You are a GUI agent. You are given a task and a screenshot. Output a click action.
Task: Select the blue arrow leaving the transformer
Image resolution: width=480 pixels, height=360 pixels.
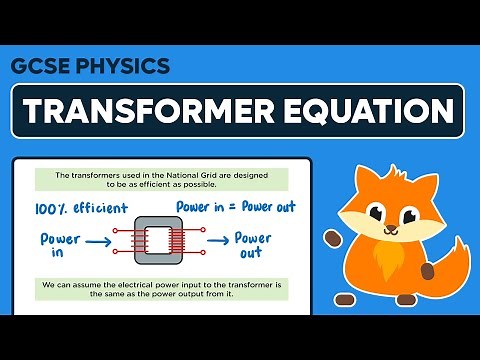click(x=213, y=241)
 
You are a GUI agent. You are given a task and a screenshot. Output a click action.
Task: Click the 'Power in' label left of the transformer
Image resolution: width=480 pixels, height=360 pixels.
click(x=59, y=245)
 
